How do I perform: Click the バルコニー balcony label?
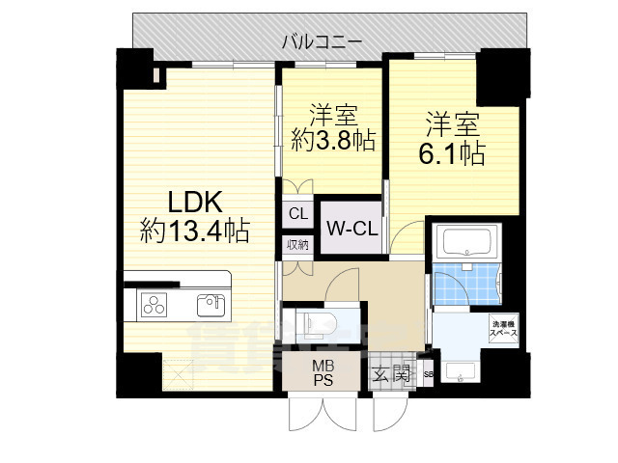[x=323, y=41]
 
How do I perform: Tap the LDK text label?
[x=196, y=202]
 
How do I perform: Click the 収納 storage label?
[x=297, y=245]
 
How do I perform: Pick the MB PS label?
[x=322, y=371]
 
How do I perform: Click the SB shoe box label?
[x=428, y=373]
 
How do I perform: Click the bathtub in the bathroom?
[x=465, y=241]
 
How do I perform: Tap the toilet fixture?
[x=314, y=320]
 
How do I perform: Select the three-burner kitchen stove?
[x=155, y=306]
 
